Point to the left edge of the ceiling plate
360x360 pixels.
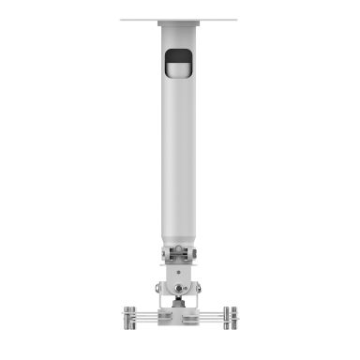click(x=123, y=19)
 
